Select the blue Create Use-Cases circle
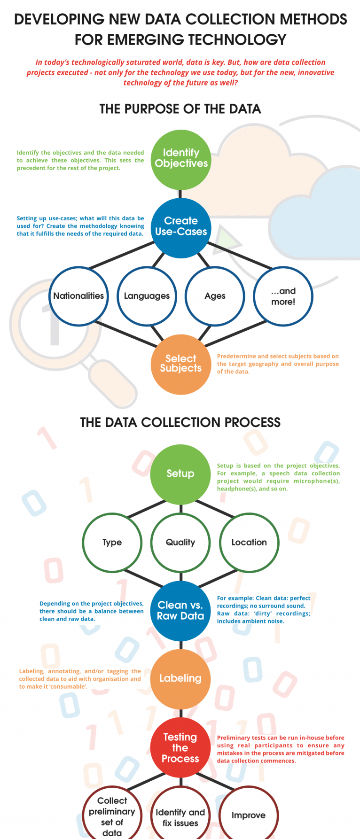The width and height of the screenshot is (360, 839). point(181,228)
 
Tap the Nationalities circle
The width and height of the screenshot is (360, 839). point(78,296)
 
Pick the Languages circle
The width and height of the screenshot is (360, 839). point(147,296)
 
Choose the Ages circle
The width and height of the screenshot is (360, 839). point(215,296)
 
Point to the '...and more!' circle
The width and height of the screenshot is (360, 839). point(283,296)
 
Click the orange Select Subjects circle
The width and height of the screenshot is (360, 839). point(181,364)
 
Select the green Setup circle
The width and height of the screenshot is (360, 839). point(180,474)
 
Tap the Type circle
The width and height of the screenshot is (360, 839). point(112,543)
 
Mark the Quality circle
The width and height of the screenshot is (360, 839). point(180,543)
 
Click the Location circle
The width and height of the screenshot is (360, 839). point(249,543)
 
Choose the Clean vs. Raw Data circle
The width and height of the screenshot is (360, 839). point(180,611)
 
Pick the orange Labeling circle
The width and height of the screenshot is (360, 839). point(180,679)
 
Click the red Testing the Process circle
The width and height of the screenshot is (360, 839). point(180,747)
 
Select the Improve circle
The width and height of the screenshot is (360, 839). point(249,816)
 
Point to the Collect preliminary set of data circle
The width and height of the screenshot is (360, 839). point(112,816)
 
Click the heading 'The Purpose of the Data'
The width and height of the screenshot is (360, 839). point(180,109)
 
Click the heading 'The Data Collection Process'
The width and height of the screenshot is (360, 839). point(180,422)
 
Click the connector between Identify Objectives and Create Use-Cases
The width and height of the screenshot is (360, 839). point(180,194)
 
